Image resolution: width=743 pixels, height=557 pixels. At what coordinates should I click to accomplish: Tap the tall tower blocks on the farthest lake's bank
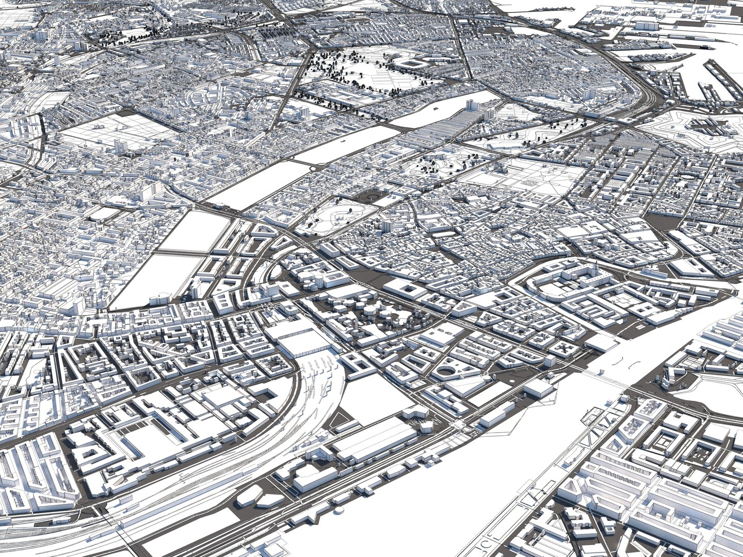point(472,106)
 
